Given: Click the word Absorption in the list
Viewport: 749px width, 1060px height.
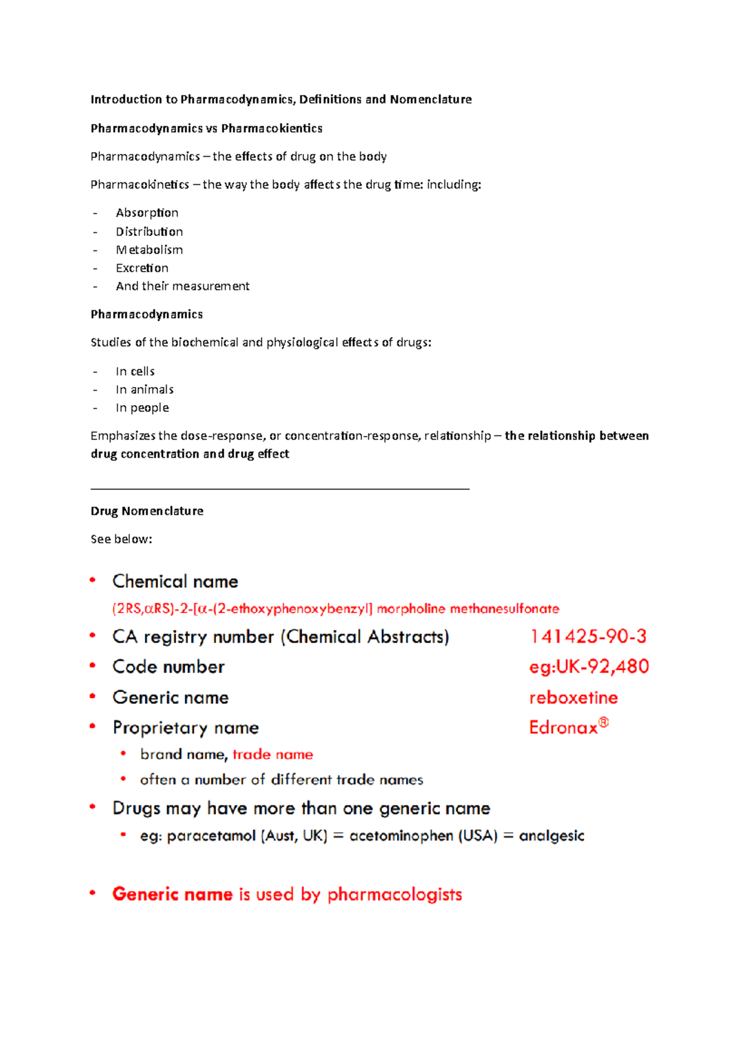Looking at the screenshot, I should click(x=147, y=213).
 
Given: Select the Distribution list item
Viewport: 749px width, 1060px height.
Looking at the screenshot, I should click(x=149, y=232).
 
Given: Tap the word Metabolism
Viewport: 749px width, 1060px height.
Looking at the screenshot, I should click(x=149, y=250).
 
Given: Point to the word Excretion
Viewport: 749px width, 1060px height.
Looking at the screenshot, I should click(x=142, y=268).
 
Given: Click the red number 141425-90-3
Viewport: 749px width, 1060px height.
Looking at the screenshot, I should click(x=588, y=636).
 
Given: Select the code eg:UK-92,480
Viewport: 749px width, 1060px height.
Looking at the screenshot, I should click(x=589, y=667).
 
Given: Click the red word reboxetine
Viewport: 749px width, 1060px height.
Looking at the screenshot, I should click(x=573, y=697).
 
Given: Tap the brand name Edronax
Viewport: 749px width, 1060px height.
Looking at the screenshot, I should click(x=563, y=728).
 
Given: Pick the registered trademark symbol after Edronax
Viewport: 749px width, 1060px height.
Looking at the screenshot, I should click(x=604, y=723).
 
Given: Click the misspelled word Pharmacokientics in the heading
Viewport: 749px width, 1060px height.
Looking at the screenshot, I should click(x=272, y=129).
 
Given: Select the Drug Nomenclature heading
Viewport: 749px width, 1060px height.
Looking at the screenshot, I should click(x=147, y=511).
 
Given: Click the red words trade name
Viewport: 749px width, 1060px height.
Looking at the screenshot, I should click(x=273, y=754).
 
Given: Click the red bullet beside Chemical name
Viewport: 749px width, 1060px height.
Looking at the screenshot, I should click(x=92, y=581).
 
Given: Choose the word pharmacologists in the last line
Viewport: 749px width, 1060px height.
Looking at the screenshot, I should click(x=394, y=895).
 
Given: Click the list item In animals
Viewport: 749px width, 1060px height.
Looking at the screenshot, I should click(x=144, y=390).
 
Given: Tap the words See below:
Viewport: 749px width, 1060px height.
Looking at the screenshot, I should click(x=121, y=539).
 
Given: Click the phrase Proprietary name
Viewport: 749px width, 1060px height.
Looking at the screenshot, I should click(x=185, y=728).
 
